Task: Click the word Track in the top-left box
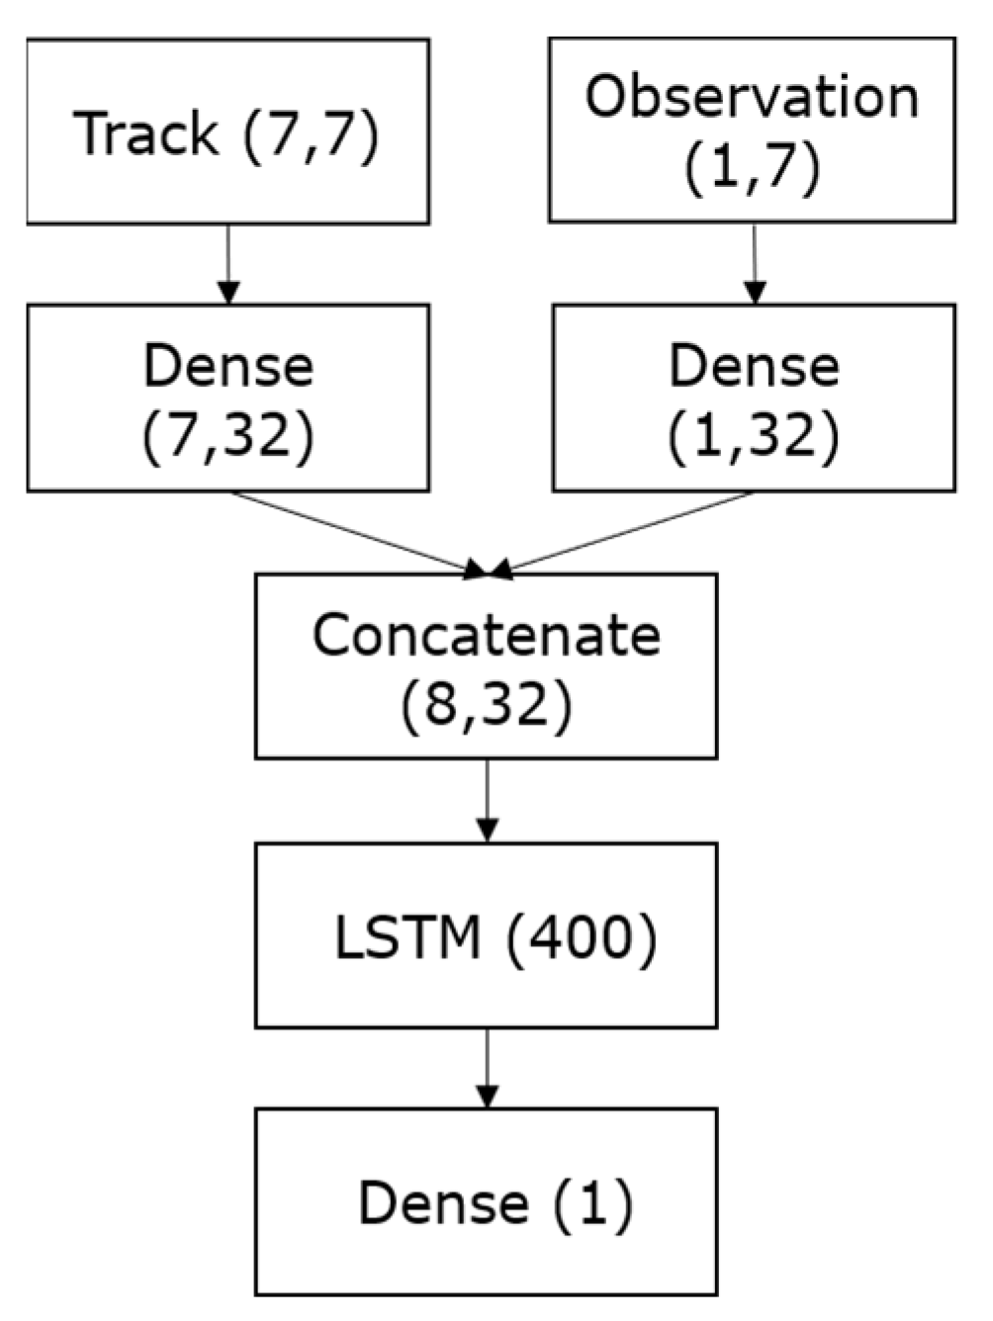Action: coord(145,132)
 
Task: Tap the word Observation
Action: coord(752,97)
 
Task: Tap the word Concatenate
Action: coord(486,635)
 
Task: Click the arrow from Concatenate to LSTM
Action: coord(487,801)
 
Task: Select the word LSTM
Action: coord(407,936)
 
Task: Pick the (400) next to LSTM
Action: coord(581,936)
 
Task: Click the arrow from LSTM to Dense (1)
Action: coord(487,1069)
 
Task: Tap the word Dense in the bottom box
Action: coord(443,1203)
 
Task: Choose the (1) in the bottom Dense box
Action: coord(592,1203)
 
